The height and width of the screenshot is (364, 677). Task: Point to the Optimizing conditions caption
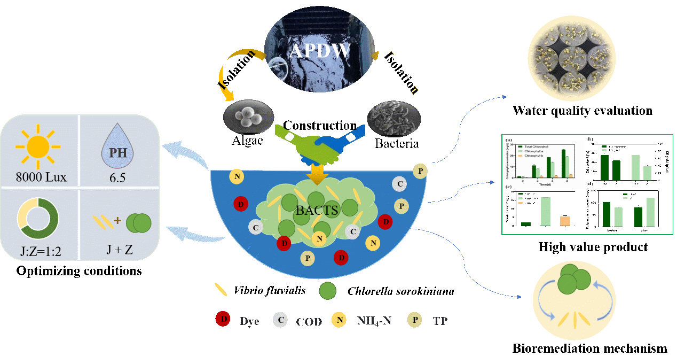[79, 271]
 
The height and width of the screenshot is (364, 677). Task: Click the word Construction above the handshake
[320, 126]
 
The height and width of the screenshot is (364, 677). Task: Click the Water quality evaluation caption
[582, 111]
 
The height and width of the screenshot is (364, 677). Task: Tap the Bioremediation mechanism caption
[589, 348]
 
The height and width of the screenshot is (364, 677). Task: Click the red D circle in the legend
[223, 320]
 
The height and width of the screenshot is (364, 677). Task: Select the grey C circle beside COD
[280, 320]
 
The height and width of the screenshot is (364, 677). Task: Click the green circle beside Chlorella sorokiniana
[327, 291]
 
